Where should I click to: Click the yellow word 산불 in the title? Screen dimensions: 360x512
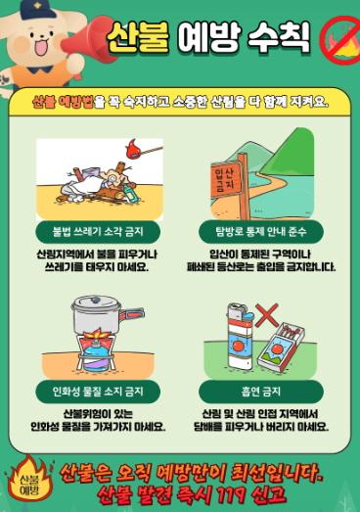138,37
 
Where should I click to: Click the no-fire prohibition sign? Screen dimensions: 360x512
339,41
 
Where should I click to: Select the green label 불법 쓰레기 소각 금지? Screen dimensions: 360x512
98,231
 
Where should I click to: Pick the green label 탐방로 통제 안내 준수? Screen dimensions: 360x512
261,231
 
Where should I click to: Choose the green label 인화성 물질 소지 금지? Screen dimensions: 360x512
98,391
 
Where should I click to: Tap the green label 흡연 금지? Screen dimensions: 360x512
261,391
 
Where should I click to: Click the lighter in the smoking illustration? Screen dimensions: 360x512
241,337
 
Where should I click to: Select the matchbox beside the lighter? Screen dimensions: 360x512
281,347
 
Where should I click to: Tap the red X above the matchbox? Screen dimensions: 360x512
267,315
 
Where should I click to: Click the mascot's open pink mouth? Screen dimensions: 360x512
40,49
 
